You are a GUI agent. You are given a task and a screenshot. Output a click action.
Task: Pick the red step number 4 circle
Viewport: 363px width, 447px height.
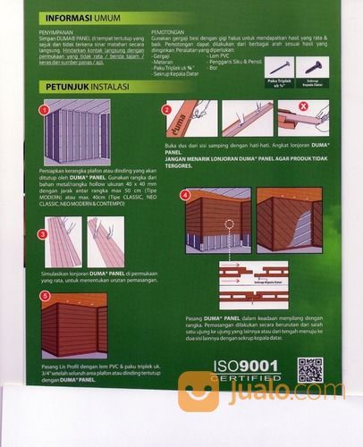pyautogui.click(x=184, y=194)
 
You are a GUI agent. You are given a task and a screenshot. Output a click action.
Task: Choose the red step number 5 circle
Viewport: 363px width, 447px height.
pyautogui.click(x=44, y=296)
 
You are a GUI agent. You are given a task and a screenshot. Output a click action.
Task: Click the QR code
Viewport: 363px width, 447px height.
pyautogui.click(x=309, y=369)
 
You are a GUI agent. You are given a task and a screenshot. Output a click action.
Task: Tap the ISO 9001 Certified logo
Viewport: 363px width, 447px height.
pyautogui.click(x=247, y=372)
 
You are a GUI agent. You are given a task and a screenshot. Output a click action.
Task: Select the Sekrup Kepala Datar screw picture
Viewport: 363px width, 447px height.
pyautogui.click(x=312, y=67)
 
